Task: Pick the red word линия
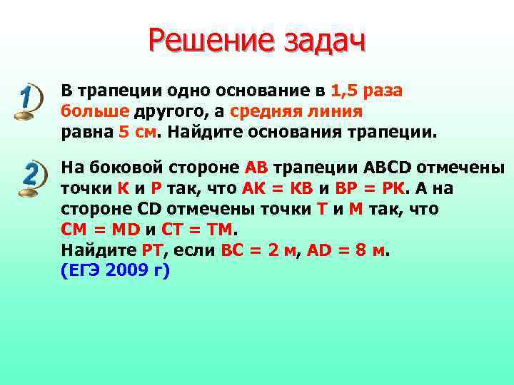(x=337, y=112)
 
